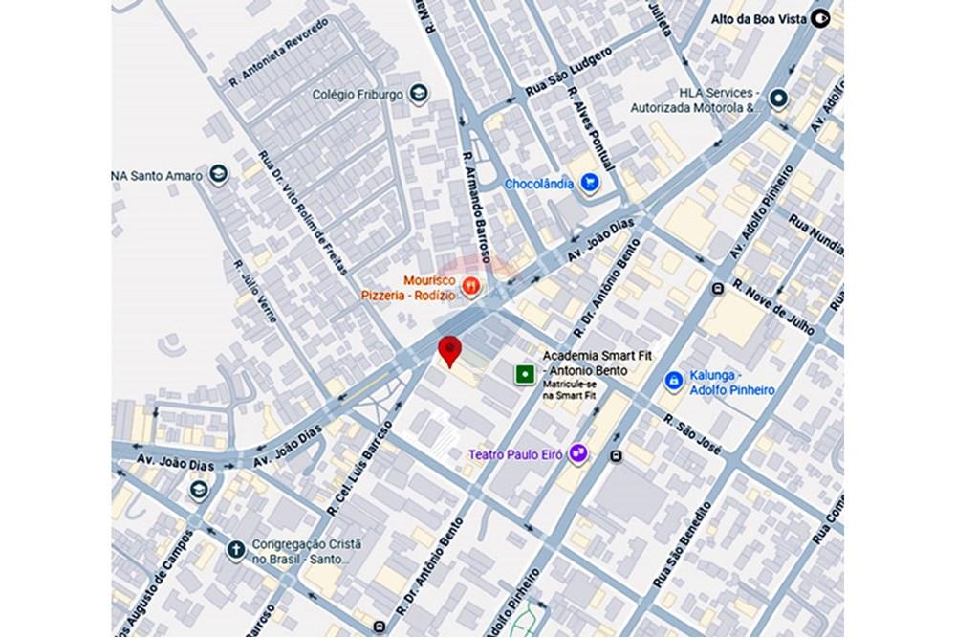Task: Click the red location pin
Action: pyautogui.click(x=449, y=350)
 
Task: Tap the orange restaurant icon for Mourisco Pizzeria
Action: pyautogui.click(x=470, y=285)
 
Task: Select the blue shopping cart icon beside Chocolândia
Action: pyautogui.click(x=591, y=182)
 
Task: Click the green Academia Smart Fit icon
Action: pyautogui.click(x=524, y=374)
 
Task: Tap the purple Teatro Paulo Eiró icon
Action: pyautogui.click(x=577, y=454)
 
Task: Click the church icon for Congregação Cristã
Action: pyautogui.click(x=235, y=549)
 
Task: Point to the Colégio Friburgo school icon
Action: pyautogui.click(x=418, y=94)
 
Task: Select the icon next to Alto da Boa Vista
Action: pyautogui.click(x=819, y=17)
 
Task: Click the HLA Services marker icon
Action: pyautogui.click(x=779, y=98)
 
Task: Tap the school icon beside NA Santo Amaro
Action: pyautogui.click(x=220, y=173)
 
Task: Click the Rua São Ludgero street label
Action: pyautogui.click(x=568, y=72)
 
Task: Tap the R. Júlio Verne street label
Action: pyautogui.click(x=255, y=291)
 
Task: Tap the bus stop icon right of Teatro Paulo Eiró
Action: pyautogui.click(x=618, y=456)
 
